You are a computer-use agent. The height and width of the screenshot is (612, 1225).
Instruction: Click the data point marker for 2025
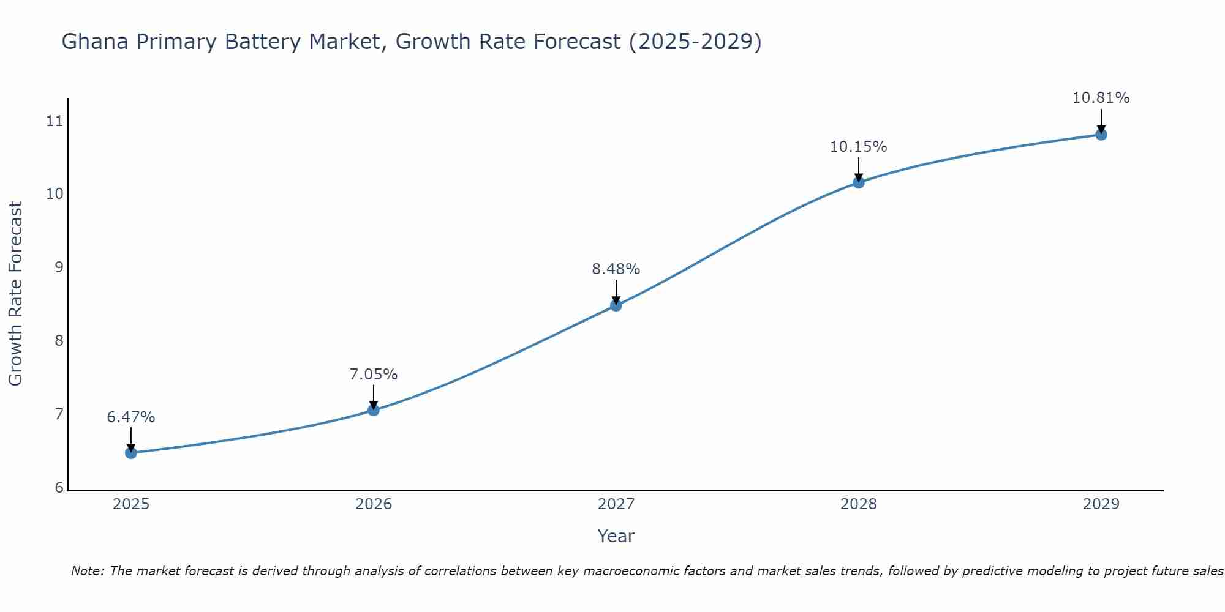[x=131, y=453]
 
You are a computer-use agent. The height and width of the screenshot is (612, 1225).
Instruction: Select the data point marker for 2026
[x=374, y=410]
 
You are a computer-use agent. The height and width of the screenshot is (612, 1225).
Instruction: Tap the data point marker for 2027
[x=616, y=305]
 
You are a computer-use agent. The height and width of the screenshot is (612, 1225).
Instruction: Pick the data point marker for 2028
[x=859, y=182]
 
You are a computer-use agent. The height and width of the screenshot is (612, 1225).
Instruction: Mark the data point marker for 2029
[x=1101, y=135]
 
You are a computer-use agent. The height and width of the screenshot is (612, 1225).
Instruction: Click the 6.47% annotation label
[x=131, y=417]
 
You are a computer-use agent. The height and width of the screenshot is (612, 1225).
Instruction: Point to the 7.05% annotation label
[x=374, y=375]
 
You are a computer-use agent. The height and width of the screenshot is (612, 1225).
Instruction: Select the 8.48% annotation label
[x=616, y=269]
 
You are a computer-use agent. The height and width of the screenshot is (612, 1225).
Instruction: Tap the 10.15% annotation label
[x=859, y=147]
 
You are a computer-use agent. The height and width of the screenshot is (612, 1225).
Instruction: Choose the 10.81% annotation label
[x=1101, y=98]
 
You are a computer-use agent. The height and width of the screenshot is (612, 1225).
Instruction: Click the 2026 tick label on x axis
[x=374, y=504]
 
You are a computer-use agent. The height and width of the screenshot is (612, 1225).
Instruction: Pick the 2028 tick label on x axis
[x=859, y=504]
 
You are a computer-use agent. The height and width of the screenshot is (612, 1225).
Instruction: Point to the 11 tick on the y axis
[x=55, y=121]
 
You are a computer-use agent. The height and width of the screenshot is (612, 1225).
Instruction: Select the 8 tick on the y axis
[x=59, y=341]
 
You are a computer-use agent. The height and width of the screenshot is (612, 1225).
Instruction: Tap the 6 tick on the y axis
[x=59, y=488]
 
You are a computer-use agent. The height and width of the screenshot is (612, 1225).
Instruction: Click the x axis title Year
[x=616, y=536]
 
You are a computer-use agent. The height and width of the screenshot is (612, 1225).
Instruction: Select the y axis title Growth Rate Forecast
[x=15, y=294]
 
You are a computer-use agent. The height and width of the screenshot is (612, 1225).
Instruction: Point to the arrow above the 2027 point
[x=616, y=291]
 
